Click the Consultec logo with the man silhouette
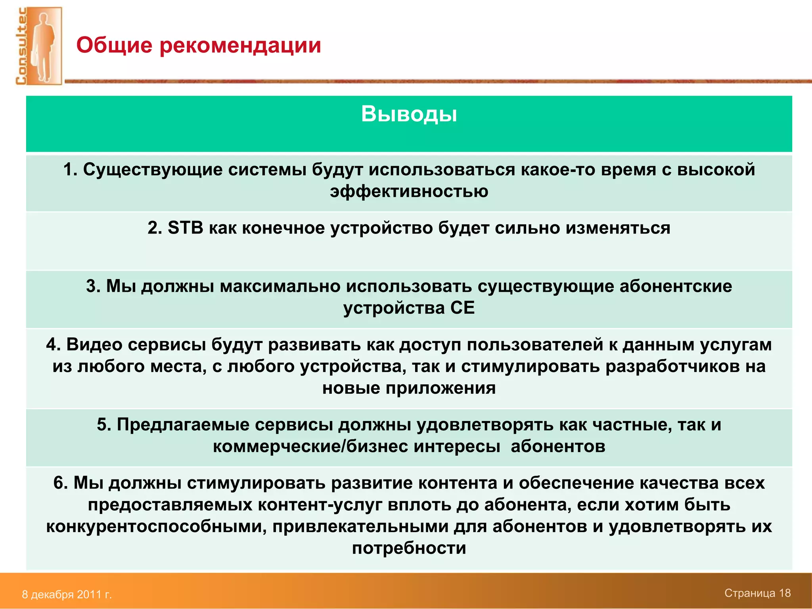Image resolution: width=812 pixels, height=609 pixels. (39, 46)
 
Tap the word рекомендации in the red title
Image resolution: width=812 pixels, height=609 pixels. (240, 45)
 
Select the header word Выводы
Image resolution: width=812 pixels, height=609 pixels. (409, 114)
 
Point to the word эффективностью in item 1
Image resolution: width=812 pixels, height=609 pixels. (409, 192)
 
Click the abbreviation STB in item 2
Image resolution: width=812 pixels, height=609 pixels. (185, 228)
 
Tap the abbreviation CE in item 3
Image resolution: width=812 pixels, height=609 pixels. (462, 308)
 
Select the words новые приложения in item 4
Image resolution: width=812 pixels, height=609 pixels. (409, 388)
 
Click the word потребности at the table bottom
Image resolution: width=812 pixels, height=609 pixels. (409, 548)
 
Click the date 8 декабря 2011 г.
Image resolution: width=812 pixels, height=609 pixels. (67, 594)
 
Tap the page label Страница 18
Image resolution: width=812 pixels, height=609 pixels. (757, 593)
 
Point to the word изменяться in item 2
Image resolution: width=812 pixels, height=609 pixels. (618, 228)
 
